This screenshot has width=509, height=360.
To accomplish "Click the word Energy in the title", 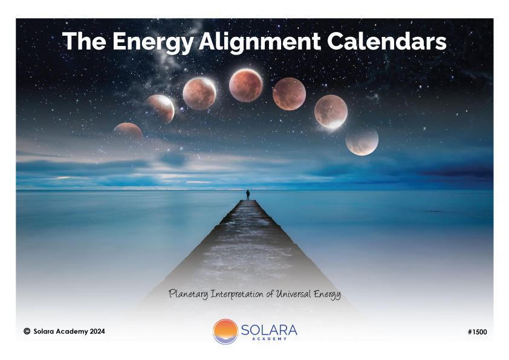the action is coord(153,42).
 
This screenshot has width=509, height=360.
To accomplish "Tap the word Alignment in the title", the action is coord(260,42).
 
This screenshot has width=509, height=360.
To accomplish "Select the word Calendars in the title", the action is coord(387,41).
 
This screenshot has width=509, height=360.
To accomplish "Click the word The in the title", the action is coord(84,41).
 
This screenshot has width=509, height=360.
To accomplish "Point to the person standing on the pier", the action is coord(248,195).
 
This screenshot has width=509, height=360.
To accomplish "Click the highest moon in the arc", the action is coord(246,85).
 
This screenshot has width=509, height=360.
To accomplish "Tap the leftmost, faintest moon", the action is coord(129,131).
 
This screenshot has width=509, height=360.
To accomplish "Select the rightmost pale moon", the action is coord(362,141).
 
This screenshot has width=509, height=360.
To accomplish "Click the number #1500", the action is coord(478,332).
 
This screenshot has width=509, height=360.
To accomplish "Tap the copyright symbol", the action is coord(27,331).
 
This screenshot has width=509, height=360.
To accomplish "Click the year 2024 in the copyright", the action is coord(97,332).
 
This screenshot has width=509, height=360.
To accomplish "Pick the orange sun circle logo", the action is coord(225,332).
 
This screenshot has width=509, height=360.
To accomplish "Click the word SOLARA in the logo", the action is coord(269,330).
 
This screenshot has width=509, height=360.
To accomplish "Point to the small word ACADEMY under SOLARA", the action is coord(270,339).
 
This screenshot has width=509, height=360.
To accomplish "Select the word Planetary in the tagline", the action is coord(189,294).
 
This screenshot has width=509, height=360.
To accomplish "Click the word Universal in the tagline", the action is coord(293,294).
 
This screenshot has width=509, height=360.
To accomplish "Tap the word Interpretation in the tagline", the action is coord(238,294).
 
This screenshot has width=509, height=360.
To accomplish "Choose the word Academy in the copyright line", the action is coord(72,332).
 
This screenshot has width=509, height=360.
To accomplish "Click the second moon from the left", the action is coord(161,108).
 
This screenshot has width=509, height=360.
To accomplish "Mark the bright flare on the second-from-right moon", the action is coord(335,124).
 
